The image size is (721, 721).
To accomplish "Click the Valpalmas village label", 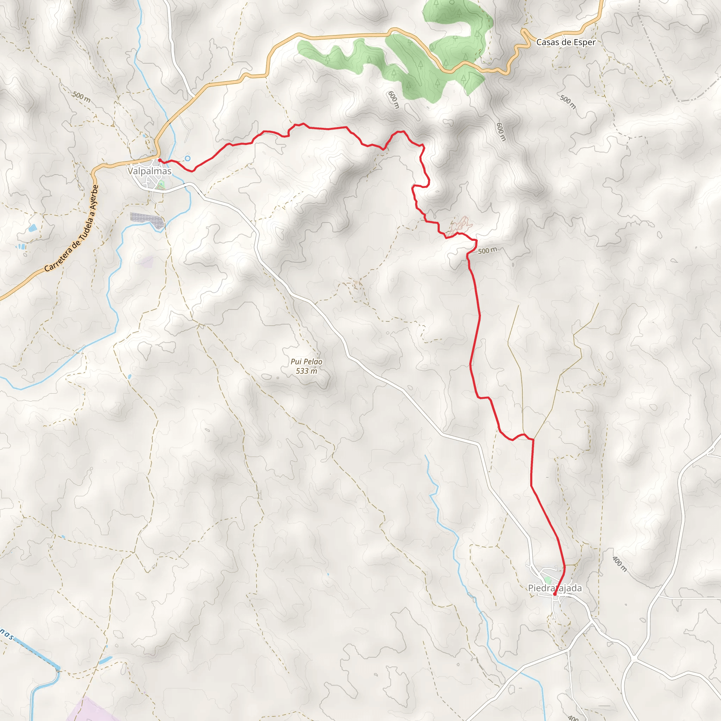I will click(x=149, y=171).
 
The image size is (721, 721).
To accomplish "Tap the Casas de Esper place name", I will click(x=566, y=42).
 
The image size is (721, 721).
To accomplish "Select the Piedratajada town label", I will click(x=555, y=588).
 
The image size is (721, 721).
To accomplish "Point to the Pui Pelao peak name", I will click(x=306, y=362).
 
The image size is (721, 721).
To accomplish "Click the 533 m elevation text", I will click(x=306, y=371).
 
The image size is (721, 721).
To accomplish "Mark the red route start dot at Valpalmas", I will click(x=160, y=160).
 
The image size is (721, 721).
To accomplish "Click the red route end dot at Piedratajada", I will click(x=554, y=594).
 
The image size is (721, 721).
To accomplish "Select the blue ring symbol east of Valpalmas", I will click(x=188, y=159).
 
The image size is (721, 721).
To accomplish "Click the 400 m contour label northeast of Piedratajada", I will click(x=620, y=564).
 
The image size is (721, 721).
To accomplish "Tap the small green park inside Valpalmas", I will click(x=161, y=184).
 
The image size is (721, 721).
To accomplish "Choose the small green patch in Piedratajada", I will click(x=547, y=580).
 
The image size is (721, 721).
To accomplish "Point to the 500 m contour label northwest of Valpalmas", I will click(x=81, y=97).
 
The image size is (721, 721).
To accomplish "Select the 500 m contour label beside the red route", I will click(x=487, y=250).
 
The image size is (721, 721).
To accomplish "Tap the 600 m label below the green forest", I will click(x=393, y=100).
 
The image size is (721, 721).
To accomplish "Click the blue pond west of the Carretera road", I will click(x=32, y=228).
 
